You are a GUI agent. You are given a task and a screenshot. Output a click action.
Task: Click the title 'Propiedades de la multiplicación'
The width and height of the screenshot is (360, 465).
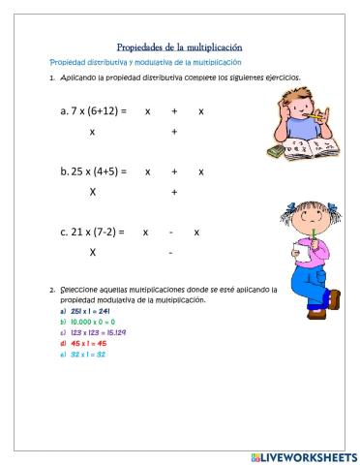pos(179,46)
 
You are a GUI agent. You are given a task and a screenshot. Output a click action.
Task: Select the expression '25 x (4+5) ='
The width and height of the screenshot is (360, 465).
pos(94,171)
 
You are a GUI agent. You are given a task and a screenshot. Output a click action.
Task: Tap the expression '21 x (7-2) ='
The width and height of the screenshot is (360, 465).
pos(93,232)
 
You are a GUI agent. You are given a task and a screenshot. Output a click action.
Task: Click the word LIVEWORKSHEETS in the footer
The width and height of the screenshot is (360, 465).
pos(307,456)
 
